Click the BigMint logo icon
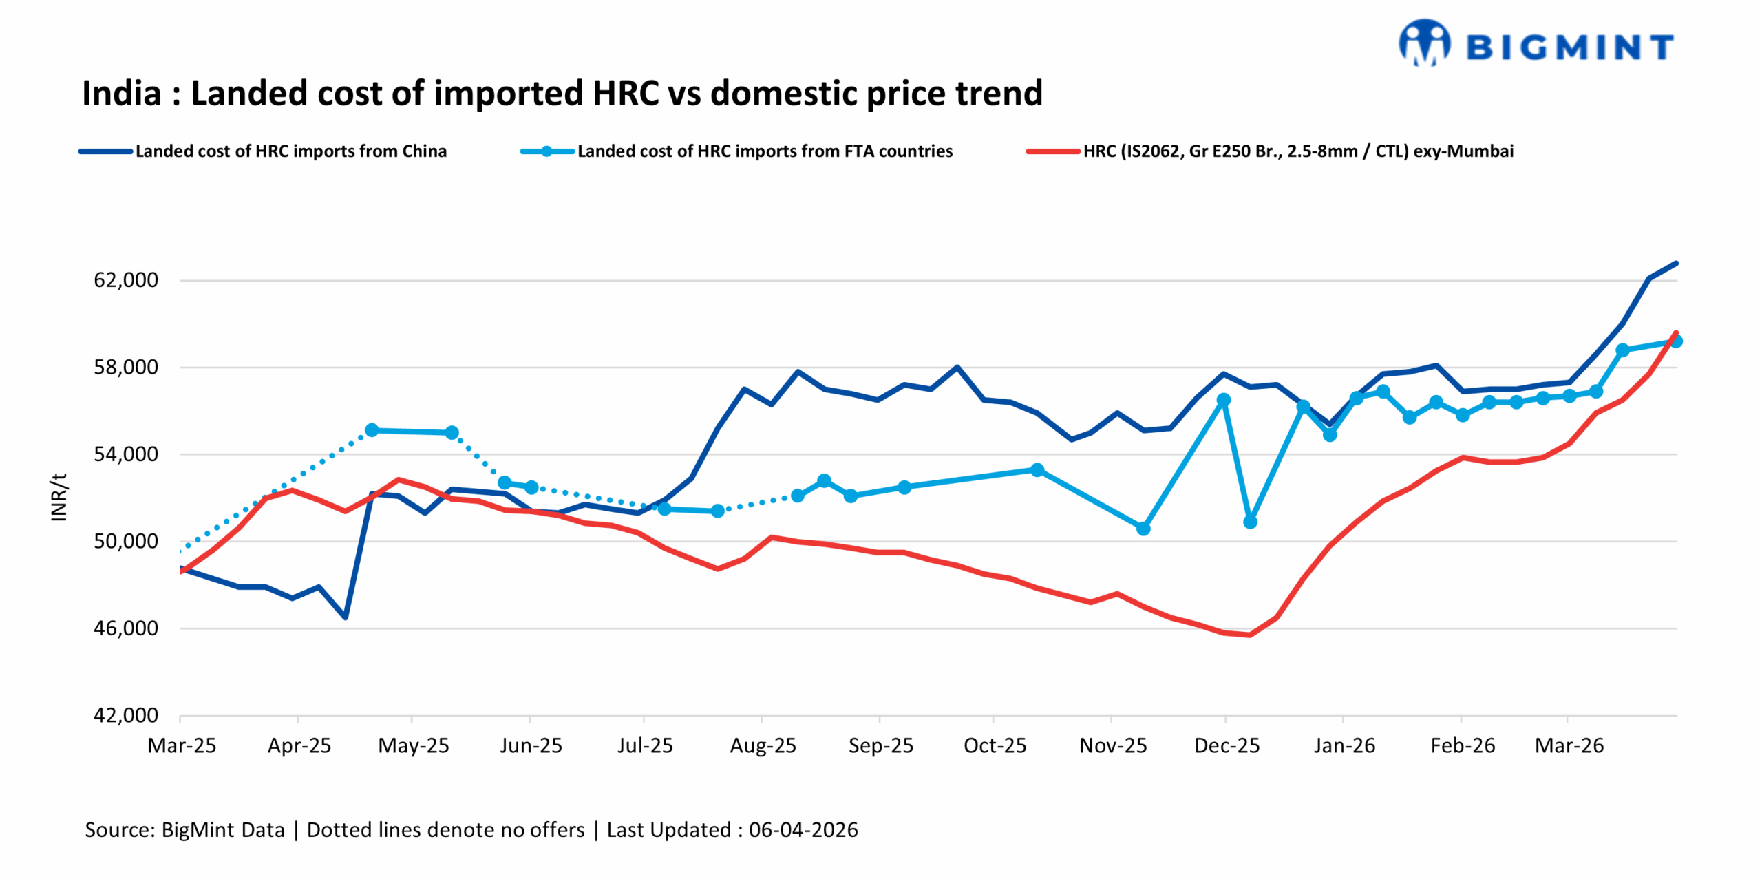(1423, 43)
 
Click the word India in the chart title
(122, 94)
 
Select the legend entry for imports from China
(290, 151)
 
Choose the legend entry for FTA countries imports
(764, 151)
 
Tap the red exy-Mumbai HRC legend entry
(1297, 151)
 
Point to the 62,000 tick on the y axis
(126, 280)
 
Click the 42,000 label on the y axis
(126, 715)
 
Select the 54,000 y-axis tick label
(126, 454)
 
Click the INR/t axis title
(59, 497)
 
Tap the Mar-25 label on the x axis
(182, 745)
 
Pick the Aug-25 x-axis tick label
(763, 745)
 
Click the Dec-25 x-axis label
(1227, 745)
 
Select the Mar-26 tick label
(1569, 745)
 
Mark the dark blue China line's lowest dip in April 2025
(345, 617)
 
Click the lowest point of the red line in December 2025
(1250, 635)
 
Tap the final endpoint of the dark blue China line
(1676, 263)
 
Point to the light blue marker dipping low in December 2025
(1250, 522)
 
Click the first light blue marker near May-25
(372, 430)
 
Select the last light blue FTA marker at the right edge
(1676, 341)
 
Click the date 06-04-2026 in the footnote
(803, 830)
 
